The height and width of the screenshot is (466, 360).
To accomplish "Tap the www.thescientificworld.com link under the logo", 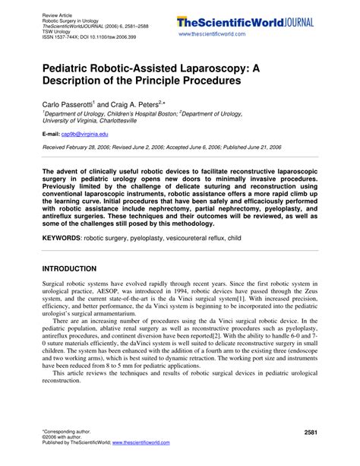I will click(216, 35).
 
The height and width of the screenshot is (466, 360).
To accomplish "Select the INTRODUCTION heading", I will click(69, 268).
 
